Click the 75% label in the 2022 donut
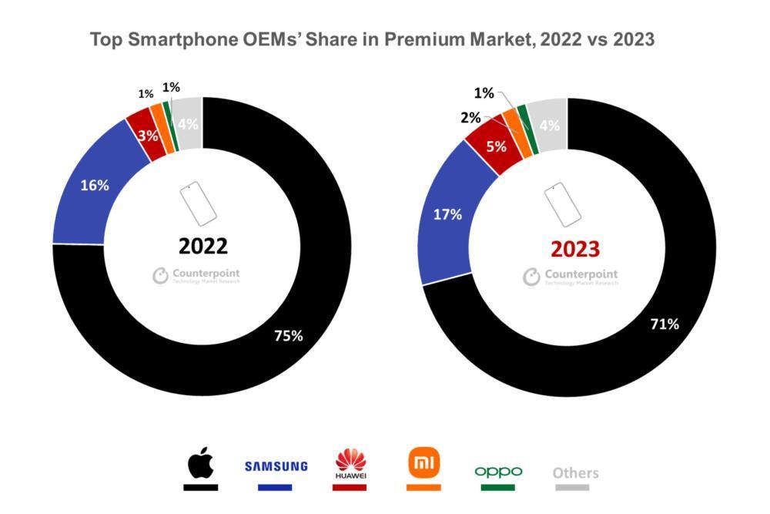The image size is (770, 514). pyautogui.click(x=289, y=335)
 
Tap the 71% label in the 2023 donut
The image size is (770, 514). pyautogui.click(x=664, y=324)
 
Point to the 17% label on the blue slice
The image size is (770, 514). pyautogui.click(x=447, y=215)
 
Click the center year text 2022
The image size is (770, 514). pyautogui.click(x=203, y=246)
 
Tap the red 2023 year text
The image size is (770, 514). pyautogui.click(x=574, y=248)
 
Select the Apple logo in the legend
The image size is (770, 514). pyautogui.click(x=201, y=464)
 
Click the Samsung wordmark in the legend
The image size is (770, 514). pyautogui.click(x=276, y=466)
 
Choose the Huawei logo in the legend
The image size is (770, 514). pyautogui.click(x=351, y=465)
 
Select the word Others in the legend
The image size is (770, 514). pyautogui.click(x=575, y=472)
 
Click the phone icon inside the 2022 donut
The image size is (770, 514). pyautogui.click(x=198, y=203)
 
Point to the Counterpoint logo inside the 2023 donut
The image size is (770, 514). pyautogui.click(x=571, y=277)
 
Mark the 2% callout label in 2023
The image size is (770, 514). pyautogui.click(x=470, y=118)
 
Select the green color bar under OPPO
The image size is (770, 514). pyautogui.click(x=498, y=487)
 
